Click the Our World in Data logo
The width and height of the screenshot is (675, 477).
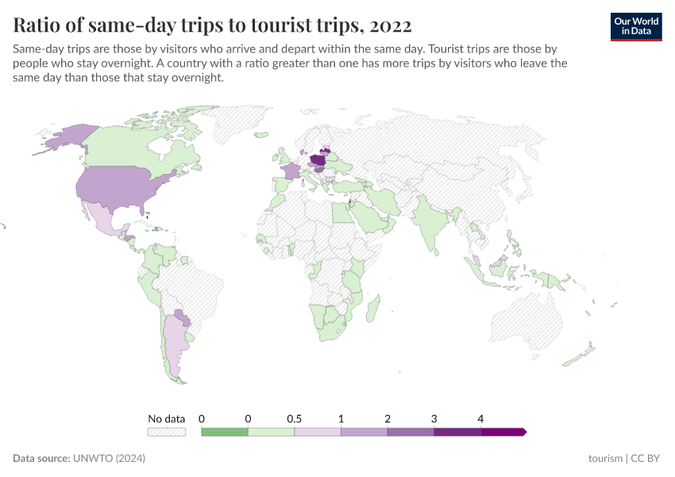click(635, 26)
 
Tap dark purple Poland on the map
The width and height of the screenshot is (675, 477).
click(319, 159)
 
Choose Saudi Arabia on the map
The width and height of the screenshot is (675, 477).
click(367, 215)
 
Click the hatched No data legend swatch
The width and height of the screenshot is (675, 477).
click(166, 432)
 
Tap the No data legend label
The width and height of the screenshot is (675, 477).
click(166, 418)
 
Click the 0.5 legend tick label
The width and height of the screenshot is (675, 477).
click(295, 418)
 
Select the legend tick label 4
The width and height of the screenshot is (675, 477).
click(480, 418)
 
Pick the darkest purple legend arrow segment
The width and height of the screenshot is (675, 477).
click(502, 432)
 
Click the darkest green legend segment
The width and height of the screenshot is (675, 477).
click(225, 432)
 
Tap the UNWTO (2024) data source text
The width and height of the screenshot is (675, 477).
click(109, 459)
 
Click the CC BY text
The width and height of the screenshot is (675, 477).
click(650, 459)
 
